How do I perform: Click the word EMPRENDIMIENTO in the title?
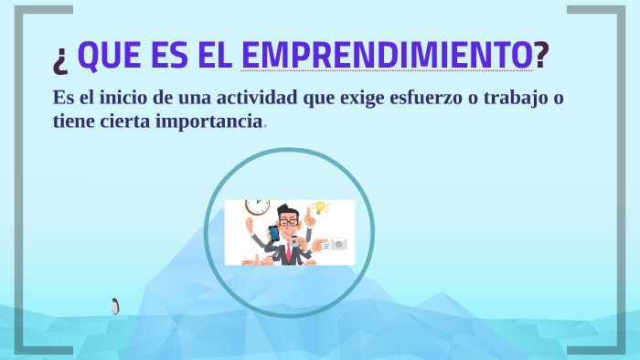click(x=387, y=56)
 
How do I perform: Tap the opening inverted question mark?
click(x=61, y=58)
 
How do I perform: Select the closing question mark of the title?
click(x=541, y=56)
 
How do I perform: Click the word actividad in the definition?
click(x=252, y=99)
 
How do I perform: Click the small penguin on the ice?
click(x=115, y=306)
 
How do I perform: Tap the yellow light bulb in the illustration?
click(x=320, y=208)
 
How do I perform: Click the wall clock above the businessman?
click(x=257, y=206)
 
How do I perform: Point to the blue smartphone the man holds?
click(x=273, y=233)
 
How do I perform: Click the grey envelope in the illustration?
click(x=338, y=244)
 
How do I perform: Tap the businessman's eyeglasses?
click(x=288, y=222)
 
